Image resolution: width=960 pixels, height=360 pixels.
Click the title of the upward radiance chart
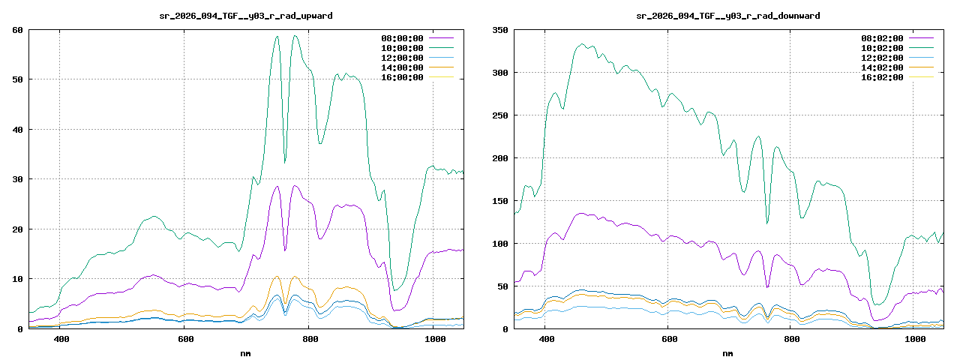246,16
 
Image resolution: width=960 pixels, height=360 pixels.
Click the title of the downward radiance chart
727,16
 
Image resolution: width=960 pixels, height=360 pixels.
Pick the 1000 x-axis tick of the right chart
914,340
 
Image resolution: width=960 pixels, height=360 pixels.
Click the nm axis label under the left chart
246,353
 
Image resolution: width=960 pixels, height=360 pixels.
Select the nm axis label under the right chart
727,353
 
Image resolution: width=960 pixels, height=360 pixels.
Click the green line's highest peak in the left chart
295,35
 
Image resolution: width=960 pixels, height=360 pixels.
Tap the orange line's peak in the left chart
277,276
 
